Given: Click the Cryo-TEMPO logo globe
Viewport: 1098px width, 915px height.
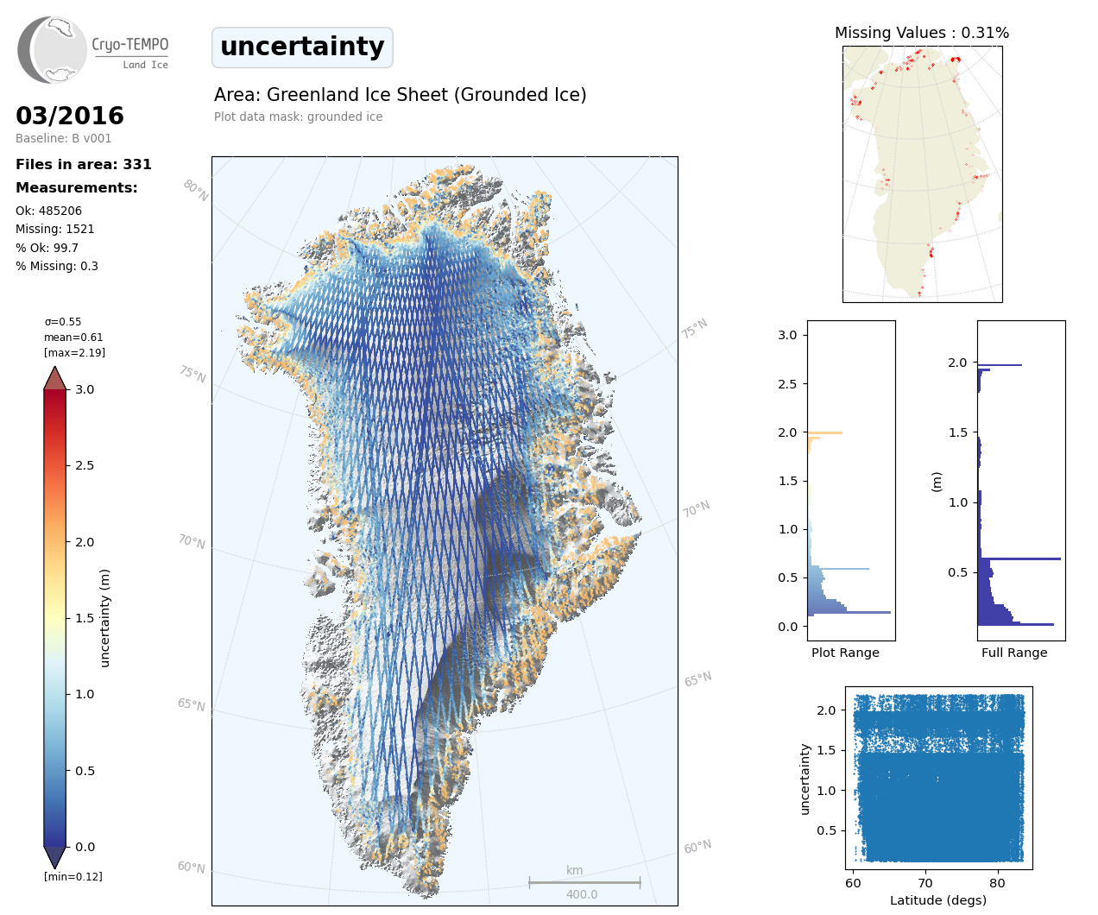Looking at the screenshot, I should click(x=54, y=49).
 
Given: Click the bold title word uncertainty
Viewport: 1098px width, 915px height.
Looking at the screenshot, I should click(x=302, y=47).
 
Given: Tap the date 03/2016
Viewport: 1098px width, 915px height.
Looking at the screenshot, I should click(x=70, y=116).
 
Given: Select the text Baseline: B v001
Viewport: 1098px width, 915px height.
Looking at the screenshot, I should click(x=64, y=138).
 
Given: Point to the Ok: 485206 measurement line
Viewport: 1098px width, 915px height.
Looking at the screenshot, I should click(x=49, y=211).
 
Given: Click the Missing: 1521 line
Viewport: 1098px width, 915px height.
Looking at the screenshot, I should click(x=55, y=229).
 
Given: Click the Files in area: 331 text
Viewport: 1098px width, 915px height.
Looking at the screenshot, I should click(x=84, y=164).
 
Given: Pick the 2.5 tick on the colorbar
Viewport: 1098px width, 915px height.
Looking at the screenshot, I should click(x=85, y=465).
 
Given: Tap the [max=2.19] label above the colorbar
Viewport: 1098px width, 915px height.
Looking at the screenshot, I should click(x=74, y=353).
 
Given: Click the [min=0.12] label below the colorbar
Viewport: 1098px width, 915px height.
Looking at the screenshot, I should click(x=73, y=877).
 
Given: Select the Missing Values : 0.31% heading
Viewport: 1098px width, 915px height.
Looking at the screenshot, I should click(x=922, y=33).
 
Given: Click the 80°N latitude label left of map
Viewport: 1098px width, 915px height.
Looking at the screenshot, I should click(x=196, y=190).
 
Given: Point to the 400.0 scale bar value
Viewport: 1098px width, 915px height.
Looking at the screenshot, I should click(x=582, y=894).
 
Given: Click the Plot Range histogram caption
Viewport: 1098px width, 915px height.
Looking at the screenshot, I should click(x=845, y=653).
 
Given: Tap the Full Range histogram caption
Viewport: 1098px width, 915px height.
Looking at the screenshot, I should click(x=1014, y=653).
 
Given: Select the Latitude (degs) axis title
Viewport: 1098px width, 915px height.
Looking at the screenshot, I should click(x=938, y=900).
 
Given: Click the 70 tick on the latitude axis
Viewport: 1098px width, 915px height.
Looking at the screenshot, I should click(x=925, y=883).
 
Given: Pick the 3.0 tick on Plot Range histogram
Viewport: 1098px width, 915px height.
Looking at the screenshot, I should click(x=787, y=335).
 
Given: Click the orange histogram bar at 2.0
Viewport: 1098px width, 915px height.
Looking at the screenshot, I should click(x=824, y=432).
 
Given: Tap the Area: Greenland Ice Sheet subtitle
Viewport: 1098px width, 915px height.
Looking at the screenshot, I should click(x=401, y=95).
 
